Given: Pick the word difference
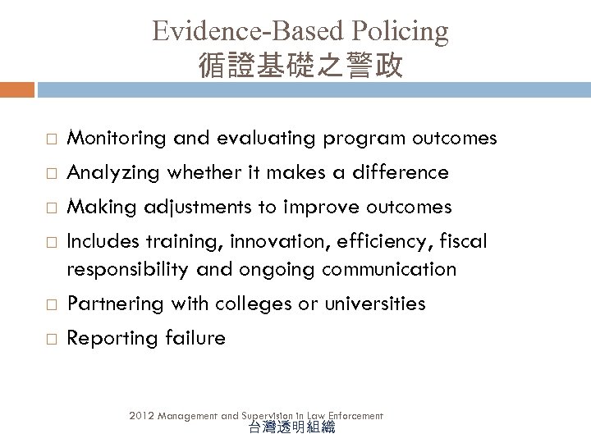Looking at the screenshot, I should pyautogui.click(x=401, y=172).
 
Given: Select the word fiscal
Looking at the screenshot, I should pyautogui.click(x=465, y=241).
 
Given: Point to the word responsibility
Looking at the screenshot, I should pyautogui.click(x=128, y=268).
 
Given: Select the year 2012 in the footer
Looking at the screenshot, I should pyautogui.click(x=141, y=416).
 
